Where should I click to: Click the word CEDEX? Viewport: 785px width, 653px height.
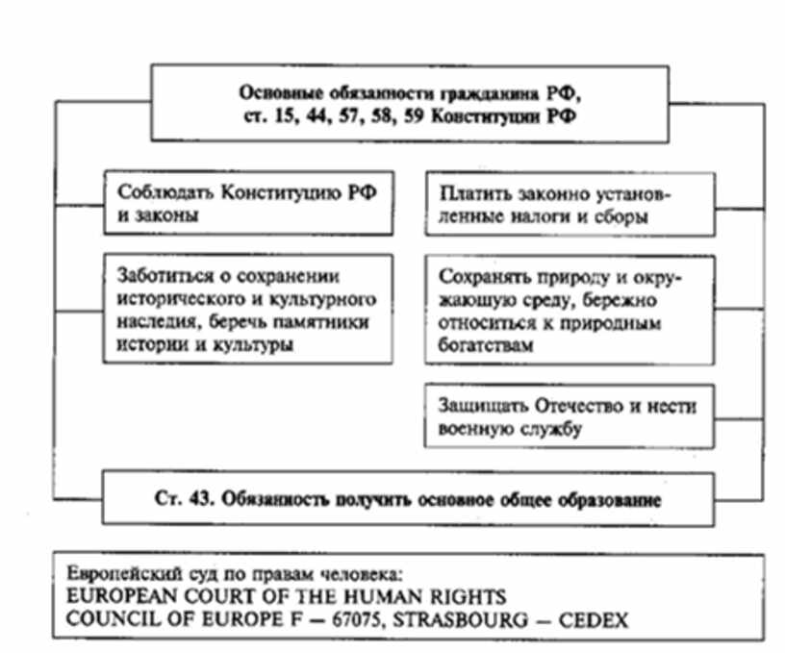(597, 620)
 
